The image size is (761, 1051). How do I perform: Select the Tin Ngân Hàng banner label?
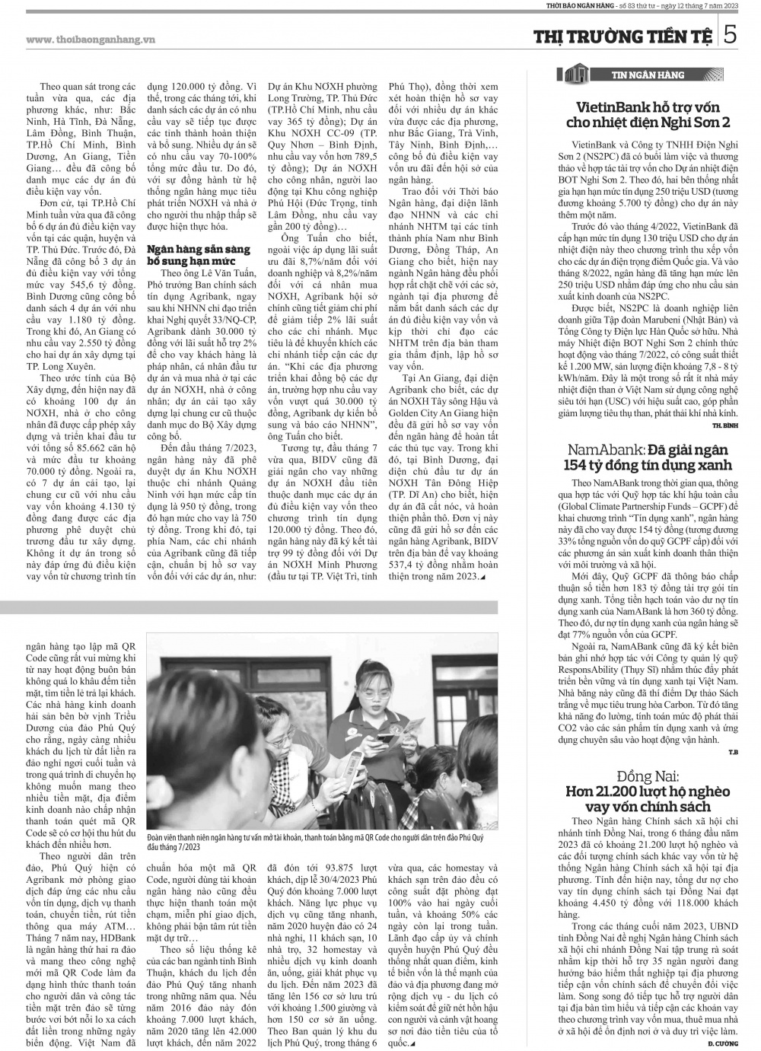point(648,75)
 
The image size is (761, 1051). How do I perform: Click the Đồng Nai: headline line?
point(648,776)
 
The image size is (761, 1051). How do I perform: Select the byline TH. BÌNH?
point(725,423)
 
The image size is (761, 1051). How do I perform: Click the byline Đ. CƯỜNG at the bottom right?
point(724,1041)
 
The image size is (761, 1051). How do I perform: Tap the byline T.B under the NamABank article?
point(733,753)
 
